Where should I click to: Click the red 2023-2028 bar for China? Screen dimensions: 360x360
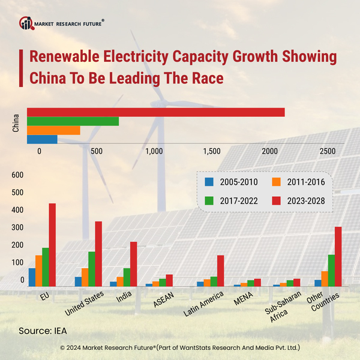(156, 112)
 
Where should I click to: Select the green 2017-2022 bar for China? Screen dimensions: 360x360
(73, 121)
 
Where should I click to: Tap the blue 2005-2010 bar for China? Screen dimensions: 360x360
(43, 139)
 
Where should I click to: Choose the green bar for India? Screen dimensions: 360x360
(127, 277)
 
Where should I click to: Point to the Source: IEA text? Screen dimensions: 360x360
(43, 331)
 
